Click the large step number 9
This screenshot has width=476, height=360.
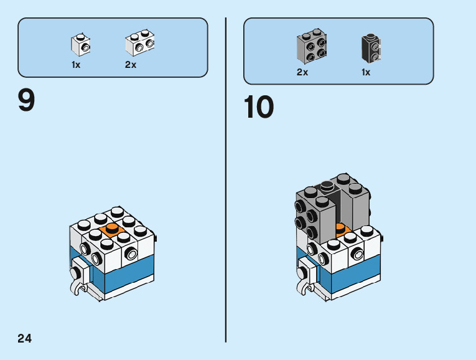click(26, 100)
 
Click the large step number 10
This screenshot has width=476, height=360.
click(258, 107)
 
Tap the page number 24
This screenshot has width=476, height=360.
click(24, 339)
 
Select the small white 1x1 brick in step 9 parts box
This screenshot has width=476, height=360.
click(80, 44)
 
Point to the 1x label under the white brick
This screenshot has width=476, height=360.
click(76, 65)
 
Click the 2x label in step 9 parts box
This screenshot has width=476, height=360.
click(131, 65)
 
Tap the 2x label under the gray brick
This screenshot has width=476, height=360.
click(302, 72)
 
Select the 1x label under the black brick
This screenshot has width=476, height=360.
click(366, 72)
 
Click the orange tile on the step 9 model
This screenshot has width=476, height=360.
click(112, 229)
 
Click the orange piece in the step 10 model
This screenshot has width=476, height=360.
click(340, 227)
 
